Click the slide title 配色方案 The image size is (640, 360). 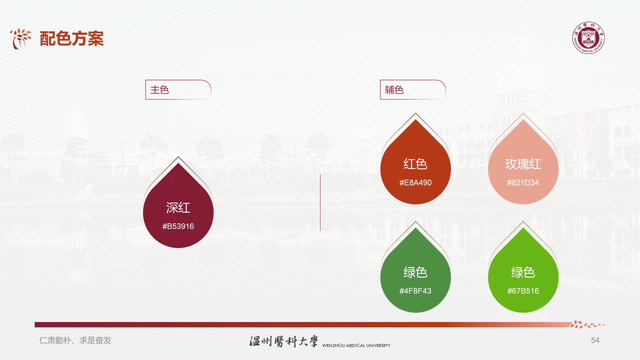click(72, 38)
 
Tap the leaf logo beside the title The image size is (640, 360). click(20, 38)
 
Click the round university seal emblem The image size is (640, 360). click(588, 38)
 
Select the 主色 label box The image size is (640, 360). click(177, 90)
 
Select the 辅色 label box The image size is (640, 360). click(412, 90)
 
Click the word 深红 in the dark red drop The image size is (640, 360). click(178, 208)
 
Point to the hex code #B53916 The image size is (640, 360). click(178, 226)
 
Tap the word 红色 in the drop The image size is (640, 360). click(415, 164)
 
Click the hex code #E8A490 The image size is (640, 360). click(415, 182)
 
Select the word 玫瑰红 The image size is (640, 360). click(523, 164)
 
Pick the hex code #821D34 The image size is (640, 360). click(523, 182)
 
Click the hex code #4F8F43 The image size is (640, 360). click(415, 291)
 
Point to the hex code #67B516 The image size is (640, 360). click(523, 291)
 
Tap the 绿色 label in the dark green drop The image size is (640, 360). click(415, 272)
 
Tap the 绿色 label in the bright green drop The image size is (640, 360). click(523, 272)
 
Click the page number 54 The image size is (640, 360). click(595, 340)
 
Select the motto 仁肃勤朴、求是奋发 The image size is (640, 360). click(75, 340)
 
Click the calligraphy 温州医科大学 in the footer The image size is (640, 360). click(283, 341)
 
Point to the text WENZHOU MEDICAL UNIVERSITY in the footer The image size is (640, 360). click(356, 345)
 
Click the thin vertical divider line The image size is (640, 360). click(320, 202)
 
